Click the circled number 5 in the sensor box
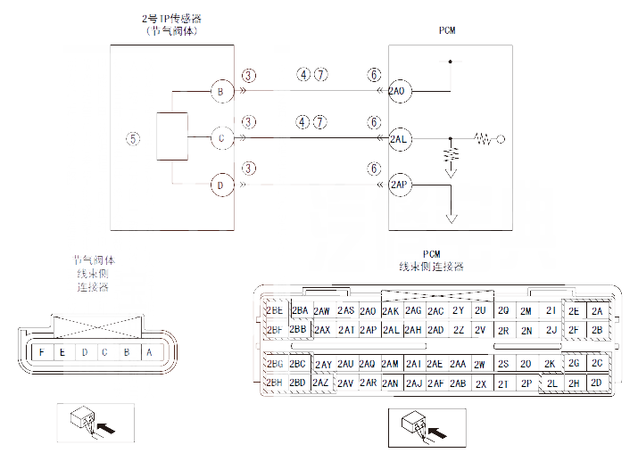point(133,138)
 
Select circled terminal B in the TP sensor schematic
point(220,92)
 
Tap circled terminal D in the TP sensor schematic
point(220,185)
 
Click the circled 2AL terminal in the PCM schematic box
point(399,139)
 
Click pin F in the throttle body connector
point(42,351)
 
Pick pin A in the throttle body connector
point(148,351)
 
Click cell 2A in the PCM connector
point(596,310)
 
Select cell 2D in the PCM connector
point(596,383)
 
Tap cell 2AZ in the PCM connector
point(322,383)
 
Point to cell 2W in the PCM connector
point(480,365)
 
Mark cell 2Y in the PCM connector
point(458,310)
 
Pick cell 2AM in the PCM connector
point(390,365)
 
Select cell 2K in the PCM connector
point(550,365)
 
